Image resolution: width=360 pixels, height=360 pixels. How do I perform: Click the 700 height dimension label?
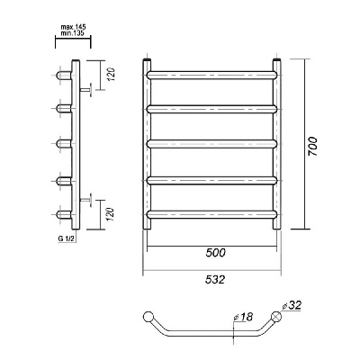(x=312, y=146)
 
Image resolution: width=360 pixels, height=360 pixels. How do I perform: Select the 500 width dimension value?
(x=215, y=253)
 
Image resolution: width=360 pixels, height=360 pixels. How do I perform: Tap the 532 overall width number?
(x=215, y=280)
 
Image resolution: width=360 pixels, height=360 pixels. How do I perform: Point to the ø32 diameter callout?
(x=292, y=306)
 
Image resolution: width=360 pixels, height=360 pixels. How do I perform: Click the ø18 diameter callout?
(x=243, y=317)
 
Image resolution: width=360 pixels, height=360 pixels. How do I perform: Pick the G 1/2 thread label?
(x=67, y=238)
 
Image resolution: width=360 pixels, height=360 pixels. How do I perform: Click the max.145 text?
(x=74, y=28)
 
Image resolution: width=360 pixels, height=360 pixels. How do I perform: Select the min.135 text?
(x=72, y=33)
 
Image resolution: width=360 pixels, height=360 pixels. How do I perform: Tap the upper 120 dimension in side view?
(x=111, y=75)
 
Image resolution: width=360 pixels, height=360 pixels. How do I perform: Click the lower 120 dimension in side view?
(x=111, y=214)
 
